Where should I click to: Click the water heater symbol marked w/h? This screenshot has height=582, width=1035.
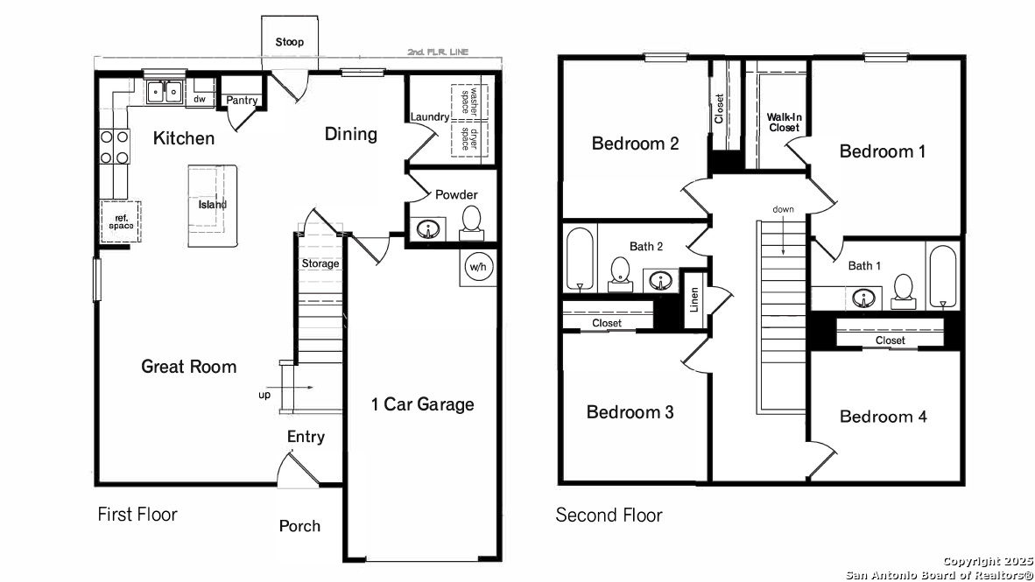click(478, 267)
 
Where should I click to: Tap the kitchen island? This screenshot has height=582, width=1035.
click(213, 206)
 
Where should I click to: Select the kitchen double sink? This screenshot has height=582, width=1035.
click(165, 92)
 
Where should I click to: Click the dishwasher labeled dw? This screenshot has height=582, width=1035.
click(200, 99)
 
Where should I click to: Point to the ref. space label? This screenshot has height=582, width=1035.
click(122, 221)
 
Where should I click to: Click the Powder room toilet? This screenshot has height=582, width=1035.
click(471, 221)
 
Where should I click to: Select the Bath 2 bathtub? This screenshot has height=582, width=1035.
click(581, 259)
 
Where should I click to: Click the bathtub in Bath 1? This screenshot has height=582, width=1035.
click(942, 277)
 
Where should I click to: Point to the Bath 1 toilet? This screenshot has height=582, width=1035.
click(903, 291)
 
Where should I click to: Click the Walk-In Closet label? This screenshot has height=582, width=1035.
click(785, 122)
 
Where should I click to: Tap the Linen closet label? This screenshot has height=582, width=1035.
click(694, 299)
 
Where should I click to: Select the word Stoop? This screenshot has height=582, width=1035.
click(290, 42)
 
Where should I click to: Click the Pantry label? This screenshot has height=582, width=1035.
click(242, 101)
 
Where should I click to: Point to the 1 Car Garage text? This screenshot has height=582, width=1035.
click(422, 404)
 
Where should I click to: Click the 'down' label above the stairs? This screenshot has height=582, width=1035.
click(784, 209)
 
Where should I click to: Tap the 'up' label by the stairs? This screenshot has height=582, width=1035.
click(264, 396)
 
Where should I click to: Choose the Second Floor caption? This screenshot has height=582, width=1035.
click(609, 515)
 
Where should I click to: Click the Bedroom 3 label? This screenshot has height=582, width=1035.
click(630, 411)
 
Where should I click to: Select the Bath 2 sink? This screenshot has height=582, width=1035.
click(660, 280)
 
